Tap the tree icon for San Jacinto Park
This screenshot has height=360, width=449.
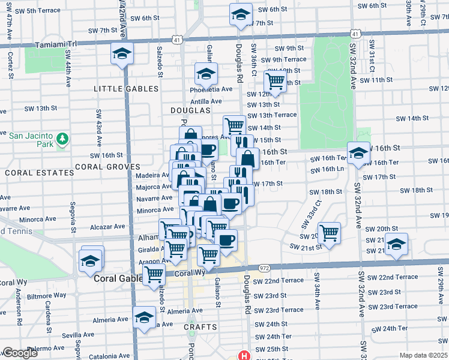point(62,140)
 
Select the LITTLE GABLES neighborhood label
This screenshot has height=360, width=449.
point(126,89)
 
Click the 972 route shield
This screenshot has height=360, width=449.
point(264,268)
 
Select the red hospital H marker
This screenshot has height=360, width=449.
point(244,355)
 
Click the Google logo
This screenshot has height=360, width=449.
point(20,353)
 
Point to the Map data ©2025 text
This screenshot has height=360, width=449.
point(423,355)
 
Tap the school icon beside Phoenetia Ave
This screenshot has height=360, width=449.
point(205,74)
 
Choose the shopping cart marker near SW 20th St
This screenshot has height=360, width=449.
point(329,232)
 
